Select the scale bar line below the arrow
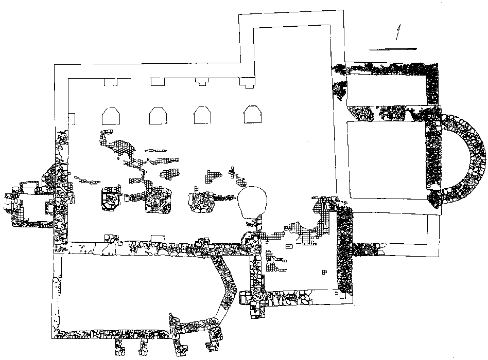click(x=393, y=49)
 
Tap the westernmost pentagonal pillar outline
click(x=111, y=116)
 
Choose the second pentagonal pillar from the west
click(x=158, y=116)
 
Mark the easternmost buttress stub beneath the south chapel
click(x=213, y=339)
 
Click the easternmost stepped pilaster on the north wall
click(x=247, y=82)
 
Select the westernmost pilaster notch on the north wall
click(x=110, y=81)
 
